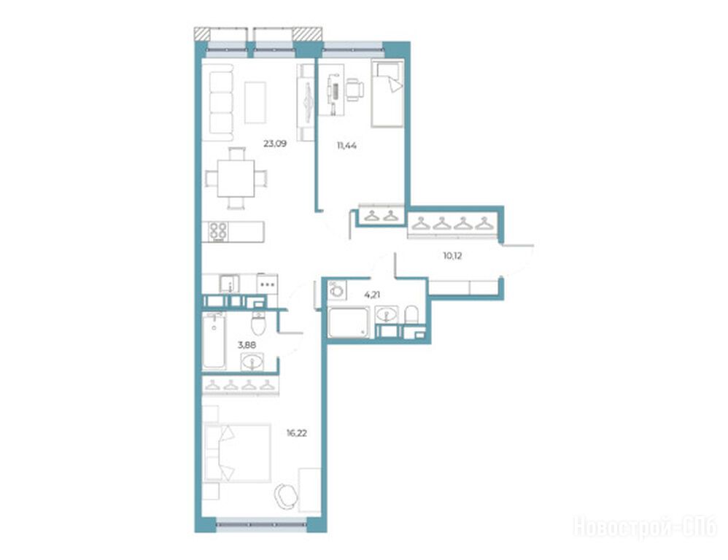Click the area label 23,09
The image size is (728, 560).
(x=275, y=144)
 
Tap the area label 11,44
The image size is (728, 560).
(x=346, y=146)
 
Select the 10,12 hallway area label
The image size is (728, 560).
(x=452, y=256)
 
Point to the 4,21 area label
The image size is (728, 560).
(x=372, y=295)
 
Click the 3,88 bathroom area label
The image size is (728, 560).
(x=247, y=345)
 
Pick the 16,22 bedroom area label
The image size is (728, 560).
(x=296, y=433)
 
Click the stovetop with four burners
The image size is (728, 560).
(x=218, y=231)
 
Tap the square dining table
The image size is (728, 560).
(x=236, y=179)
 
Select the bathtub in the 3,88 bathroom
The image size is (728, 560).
(x=214, y=341)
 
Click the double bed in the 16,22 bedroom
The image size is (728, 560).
(x=237, y=453)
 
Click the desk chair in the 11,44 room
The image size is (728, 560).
(x=355, y=89)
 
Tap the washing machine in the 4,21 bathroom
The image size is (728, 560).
(x=337, y=290)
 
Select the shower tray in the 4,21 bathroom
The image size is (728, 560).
(x=349, y=322)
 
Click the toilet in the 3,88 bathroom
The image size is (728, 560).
(x=258, y=322)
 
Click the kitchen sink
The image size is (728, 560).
(x=229, y=284)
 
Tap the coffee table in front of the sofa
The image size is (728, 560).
(x=255, y=103)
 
